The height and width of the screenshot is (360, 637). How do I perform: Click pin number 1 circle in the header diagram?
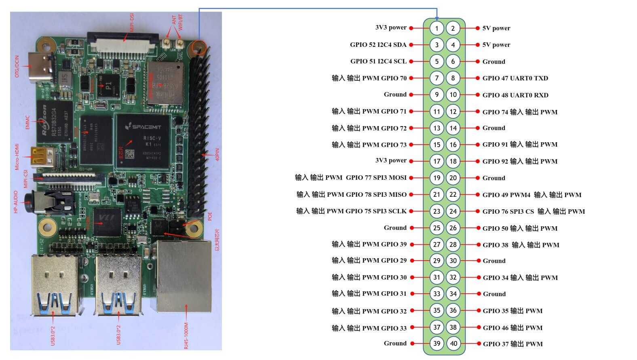[x=437, y=28]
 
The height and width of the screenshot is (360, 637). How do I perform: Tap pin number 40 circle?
[x=453, y=344]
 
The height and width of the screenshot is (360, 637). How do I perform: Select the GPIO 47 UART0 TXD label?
[x=515, y=78]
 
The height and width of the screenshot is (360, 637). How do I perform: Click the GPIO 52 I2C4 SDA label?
[x=378, y=45]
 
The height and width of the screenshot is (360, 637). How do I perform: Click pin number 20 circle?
[x=453, y=178]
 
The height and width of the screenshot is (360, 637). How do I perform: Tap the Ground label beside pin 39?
[x=395, y=343]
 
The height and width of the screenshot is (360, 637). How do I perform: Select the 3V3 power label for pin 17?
[x=390, y=160]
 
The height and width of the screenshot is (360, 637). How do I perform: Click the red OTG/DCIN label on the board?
[x=17, y=67]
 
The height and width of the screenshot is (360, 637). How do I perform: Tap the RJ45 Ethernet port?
[x=184, y=277]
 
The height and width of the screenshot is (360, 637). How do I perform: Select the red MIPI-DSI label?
[x=132, y=22]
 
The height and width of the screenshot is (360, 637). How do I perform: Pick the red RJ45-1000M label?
[x=186, y=335]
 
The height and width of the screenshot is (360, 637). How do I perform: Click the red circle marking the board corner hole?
[x=199, y=47]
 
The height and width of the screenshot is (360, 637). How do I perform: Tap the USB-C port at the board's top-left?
[x=41, y=67]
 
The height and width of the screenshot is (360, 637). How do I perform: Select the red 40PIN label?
[x=217, y=154]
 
